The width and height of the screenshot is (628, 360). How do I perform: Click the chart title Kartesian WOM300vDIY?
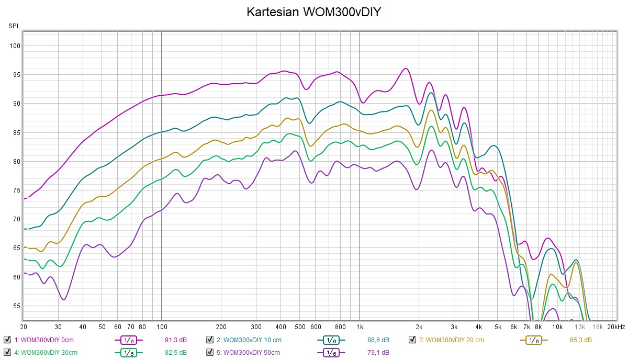[313, 12]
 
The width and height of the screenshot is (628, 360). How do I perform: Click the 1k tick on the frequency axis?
[358, 327]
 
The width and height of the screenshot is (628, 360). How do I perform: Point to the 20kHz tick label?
[616, 327]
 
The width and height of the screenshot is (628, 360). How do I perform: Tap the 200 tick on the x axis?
[221, 327]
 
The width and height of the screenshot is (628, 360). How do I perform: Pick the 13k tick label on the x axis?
[580, 327]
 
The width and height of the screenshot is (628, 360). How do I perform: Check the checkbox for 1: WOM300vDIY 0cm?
[7, 340]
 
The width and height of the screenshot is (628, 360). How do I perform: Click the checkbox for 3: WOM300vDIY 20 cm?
[412, 340]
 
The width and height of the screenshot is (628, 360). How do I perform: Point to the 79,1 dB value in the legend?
[379, 352]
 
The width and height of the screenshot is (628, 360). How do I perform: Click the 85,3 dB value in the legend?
[581, 340]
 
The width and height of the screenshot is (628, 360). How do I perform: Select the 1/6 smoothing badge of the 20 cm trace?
[533, 340]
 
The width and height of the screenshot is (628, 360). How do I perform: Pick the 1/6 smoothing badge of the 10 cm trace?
[331, 340]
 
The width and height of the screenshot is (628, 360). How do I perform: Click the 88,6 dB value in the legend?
[379, 340]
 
